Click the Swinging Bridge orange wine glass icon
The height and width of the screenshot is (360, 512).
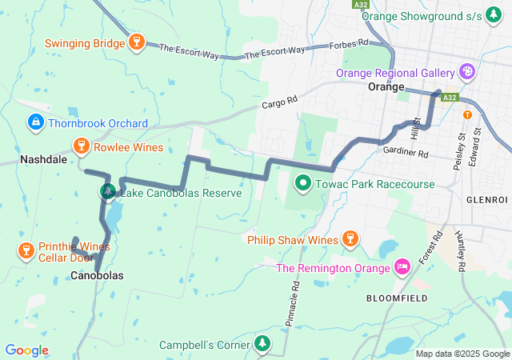[136, 42]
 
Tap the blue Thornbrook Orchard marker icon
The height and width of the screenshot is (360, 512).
[35, 122]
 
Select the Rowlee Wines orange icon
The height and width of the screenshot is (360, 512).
[81, 146]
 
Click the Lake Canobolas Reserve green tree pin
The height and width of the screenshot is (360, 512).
[108, 192]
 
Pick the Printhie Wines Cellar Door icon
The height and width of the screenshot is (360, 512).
[25, 251]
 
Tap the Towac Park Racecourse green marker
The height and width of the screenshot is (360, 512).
[303, 183]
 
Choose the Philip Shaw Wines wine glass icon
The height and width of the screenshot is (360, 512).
[349, 238]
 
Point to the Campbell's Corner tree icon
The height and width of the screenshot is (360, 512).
[262, 344]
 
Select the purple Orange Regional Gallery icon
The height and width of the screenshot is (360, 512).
[467, 72]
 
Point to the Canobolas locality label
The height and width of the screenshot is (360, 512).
[97, 276]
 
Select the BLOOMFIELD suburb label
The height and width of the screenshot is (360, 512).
[394, 298]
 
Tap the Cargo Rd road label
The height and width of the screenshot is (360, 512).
[279, 102]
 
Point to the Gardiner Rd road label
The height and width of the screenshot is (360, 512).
[406, 152]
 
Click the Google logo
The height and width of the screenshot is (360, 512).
[26, 350]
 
